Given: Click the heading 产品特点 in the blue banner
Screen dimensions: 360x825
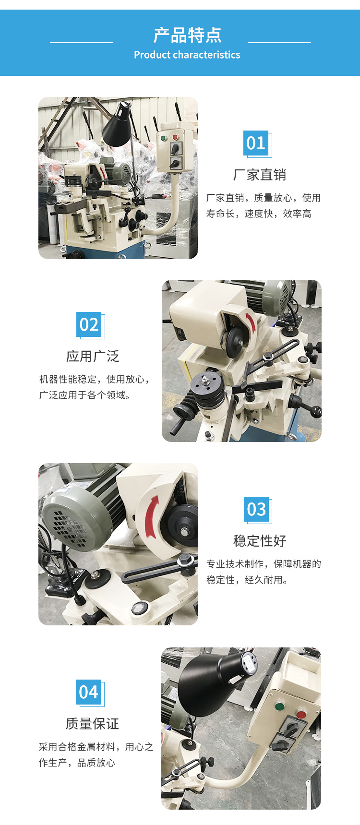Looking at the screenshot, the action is (x=187, y=35).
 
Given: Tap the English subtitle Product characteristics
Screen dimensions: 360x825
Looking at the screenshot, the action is (x=187, y=55).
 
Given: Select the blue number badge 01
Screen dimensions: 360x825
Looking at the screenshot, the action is (x=256, y=143).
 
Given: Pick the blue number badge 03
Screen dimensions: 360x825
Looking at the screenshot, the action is (x=256, y=509).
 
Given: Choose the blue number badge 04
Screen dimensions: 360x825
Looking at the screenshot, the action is (x=89, y=692).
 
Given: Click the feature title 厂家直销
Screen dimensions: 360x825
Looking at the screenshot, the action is (x=260, y=175).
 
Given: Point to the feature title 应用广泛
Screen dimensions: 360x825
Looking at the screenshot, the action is (x=93, y=356).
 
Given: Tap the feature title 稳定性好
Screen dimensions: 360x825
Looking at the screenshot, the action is (x=260, y=541).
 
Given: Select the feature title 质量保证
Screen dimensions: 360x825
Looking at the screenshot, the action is (x=92, y=724).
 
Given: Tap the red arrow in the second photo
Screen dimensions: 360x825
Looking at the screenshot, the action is (x=249, y=323).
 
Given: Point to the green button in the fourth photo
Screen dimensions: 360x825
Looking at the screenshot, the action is (x=279, y=706).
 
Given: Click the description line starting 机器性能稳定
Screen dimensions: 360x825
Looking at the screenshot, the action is (x=95, y=380).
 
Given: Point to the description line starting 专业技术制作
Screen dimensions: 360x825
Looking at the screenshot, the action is (x=264, y=564).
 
